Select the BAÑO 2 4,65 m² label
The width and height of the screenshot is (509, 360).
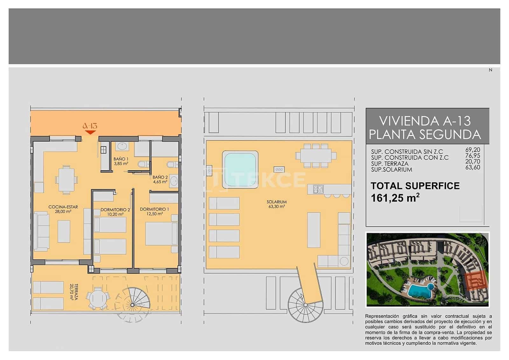click(160, 180)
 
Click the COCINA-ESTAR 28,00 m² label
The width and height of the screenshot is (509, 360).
click(63, 209)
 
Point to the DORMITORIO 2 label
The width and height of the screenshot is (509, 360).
click(115, 210)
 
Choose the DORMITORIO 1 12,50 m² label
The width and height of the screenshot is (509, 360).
click(155, 211)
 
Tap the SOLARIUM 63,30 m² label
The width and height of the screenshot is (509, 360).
click(276, 204)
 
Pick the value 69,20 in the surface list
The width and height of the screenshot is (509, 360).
click(472, 150)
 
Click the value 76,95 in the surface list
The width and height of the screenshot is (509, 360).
click(472, 156)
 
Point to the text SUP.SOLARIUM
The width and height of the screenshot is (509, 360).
click(391, 170)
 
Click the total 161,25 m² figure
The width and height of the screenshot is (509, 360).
click(395, 198)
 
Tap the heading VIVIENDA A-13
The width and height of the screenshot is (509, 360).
click(425, 121)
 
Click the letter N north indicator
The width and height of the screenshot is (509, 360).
click(490, 70)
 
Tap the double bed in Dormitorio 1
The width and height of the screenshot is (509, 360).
click(161, 234)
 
